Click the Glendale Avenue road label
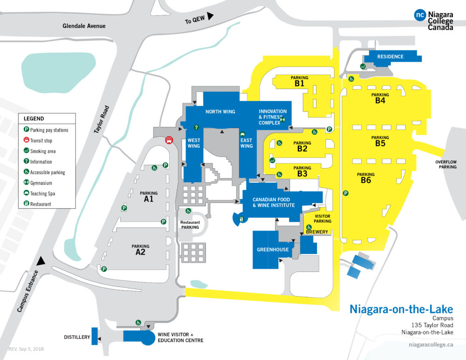(x=84, y=26)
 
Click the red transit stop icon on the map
(x=168, y=139)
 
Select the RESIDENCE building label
(x=391, y=57)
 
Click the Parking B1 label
(x=299, y=82)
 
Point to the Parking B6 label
(x=366, y=178)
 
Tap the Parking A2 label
(x=140, y=250)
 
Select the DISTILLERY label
(x=77, y=337)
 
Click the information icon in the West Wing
(x=197, y=127)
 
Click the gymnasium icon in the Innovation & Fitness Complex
(x=283, y=119)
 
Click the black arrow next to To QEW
(x=210, y=16)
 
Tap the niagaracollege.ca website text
(x=430, y=345)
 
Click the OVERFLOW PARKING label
(x=446, y=164)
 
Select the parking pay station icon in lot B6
(x=346, y=193)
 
